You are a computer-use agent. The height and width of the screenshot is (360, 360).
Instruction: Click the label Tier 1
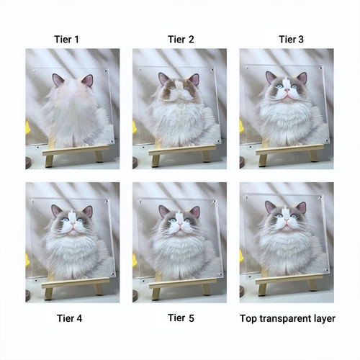point(66,40)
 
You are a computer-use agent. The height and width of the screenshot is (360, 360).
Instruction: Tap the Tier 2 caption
point(181,40)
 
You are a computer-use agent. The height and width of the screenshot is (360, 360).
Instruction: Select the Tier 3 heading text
point(291,40)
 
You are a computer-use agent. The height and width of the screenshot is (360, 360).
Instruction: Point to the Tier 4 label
point(69,318)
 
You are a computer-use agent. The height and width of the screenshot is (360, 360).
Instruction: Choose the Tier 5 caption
point(181,318)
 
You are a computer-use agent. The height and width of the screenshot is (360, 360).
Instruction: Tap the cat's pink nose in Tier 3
point(287,90)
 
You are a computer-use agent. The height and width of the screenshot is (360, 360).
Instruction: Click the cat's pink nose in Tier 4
point(73,224)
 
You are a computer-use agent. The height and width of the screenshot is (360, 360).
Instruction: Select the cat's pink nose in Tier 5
point(180,224)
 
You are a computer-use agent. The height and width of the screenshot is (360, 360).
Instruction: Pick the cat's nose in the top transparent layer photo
point(287,220)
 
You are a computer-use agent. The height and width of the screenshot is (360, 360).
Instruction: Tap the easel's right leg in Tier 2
point(206,156)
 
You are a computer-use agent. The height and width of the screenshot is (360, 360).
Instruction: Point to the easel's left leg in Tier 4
point(48,294)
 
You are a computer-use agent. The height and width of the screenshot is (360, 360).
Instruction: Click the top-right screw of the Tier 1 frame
point(105,71)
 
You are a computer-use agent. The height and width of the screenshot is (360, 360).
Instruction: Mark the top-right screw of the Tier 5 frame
point(212,202)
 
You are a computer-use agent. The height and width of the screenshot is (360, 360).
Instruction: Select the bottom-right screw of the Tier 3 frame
point(327,140)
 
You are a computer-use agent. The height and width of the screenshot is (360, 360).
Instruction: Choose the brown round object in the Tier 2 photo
point(135,163)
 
